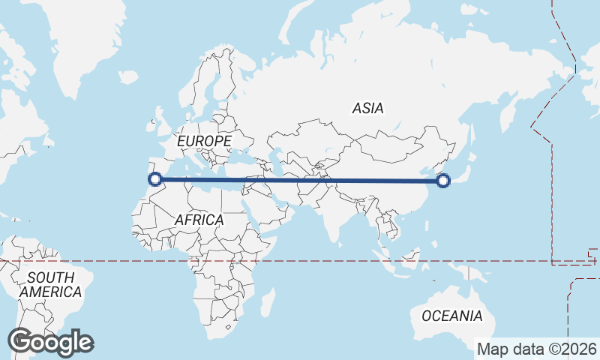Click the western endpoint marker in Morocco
click(155, 178)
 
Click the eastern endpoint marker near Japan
click(443, 180)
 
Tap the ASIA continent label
click(367, 109)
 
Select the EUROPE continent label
click(204, 141)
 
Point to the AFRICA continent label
click(199, 220)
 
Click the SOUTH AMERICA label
click(51, 285)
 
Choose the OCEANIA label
click(452, 316)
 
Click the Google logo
click(50, 342)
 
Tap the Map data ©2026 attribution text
click(537, 349)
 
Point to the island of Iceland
click(127, 76)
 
